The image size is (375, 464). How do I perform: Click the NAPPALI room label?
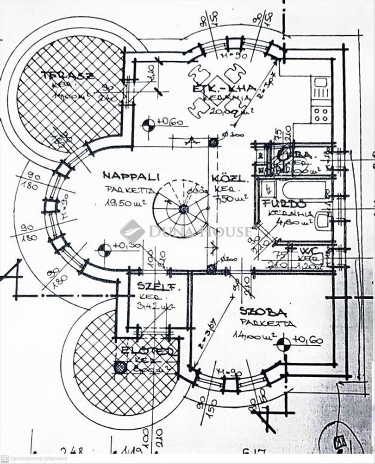tap(131, 176)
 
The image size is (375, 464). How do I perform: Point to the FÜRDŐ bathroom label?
tap(277, 204)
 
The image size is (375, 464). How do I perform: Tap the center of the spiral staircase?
tap(183, 209)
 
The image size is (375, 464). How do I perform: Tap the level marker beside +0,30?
tap(105, 250)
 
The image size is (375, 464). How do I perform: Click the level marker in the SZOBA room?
tap(283, 344)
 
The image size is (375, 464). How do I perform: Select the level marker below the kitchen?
tap(149, 124)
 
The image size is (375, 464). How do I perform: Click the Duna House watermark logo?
tap(132, 231)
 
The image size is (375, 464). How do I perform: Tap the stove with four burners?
tap(320, 114)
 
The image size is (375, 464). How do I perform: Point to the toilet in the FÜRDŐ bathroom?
tap(323, 220)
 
